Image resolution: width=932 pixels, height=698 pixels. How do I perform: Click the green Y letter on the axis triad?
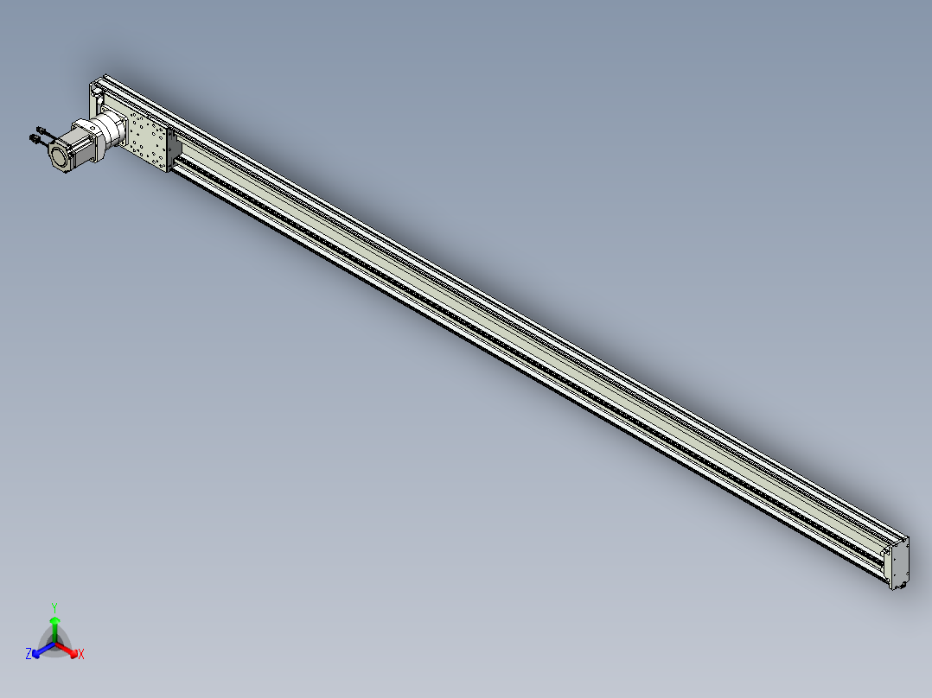pos(54,607)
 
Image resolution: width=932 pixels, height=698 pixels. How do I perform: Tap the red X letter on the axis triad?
pos(81,654)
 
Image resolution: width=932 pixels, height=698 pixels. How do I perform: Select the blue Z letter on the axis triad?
pos(29,653)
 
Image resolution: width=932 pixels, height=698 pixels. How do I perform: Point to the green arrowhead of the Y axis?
pos(54,620)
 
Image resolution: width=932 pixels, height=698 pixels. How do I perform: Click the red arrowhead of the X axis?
pos(73,653)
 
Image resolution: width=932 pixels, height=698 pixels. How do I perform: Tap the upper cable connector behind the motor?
pos(41,130)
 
